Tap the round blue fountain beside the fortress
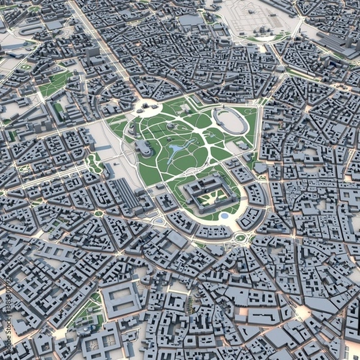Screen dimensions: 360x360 pos(224,215)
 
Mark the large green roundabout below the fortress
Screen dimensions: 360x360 pos(241,238)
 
